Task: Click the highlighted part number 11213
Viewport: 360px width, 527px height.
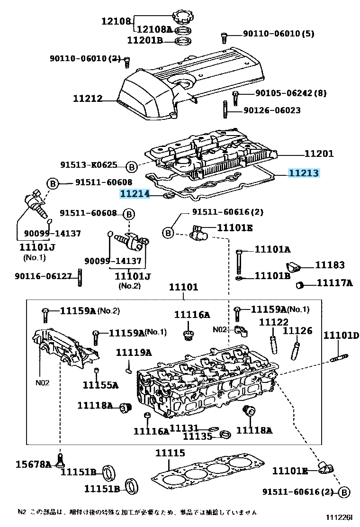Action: tap(304, 173)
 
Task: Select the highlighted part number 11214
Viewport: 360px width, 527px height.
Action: tap(135, 193)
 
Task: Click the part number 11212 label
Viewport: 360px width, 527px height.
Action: tap(88, 99)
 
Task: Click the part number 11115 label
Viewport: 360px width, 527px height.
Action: tap(170, 453)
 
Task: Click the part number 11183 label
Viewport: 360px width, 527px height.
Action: tap(330, 265)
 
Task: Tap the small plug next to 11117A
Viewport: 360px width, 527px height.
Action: tap(299, 285)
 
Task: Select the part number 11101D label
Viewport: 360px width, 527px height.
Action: tap(341, 335)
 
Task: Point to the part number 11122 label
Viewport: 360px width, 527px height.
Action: tap(273, 322)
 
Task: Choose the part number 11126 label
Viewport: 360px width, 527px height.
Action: tap(297, 330)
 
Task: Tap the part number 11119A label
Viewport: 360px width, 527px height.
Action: tap(134, 352)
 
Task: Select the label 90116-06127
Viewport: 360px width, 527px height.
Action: tap(43, 276)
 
